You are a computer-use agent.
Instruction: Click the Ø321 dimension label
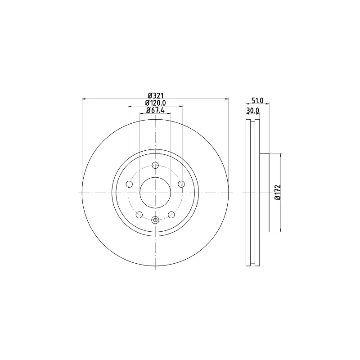tap(155, 95)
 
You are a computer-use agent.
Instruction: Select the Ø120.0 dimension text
tap(155, 103)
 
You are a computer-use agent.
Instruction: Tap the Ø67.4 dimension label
tap(155, 110)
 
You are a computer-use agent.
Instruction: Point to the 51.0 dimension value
tap(257, 100)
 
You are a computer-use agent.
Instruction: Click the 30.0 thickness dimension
tap(252, 111)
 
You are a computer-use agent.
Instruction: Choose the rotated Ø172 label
tap(278, 193)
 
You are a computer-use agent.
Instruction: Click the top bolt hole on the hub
tap(155, 165)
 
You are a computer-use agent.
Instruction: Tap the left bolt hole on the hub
tap(130, 184)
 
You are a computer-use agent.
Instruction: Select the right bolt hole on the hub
tap(181, 184)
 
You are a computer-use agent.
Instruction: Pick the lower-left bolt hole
tap(139, 215)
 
